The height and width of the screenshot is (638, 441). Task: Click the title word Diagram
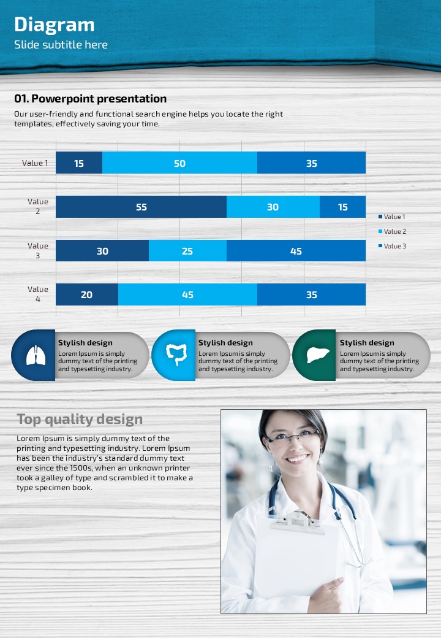pos(55,25)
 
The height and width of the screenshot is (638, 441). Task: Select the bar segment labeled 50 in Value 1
pos(179,163)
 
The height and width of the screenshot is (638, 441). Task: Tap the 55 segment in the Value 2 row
pos(141,207)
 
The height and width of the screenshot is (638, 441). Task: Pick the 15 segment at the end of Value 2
pos(342,207)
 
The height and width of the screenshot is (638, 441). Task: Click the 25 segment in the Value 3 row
pos(187,251)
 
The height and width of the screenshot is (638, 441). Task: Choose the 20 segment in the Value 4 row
pos(86,294)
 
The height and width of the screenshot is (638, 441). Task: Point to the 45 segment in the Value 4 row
pos(187,294)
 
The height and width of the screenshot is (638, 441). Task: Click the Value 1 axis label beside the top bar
pos(34,163)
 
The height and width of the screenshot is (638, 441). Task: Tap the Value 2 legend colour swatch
pos(380,231)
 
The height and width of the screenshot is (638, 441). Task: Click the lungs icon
pos(36,355)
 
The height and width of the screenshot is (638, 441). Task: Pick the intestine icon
pos(176,355)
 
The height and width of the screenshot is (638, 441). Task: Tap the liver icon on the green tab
pos(315,355)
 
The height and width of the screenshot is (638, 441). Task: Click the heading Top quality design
pos(80,420)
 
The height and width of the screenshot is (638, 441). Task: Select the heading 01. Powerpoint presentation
pos(91,99)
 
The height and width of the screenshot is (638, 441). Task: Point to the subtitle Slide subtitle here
pos(61,45)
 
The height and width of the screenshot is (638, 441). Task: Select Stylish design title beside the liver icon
pos(367,343)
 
